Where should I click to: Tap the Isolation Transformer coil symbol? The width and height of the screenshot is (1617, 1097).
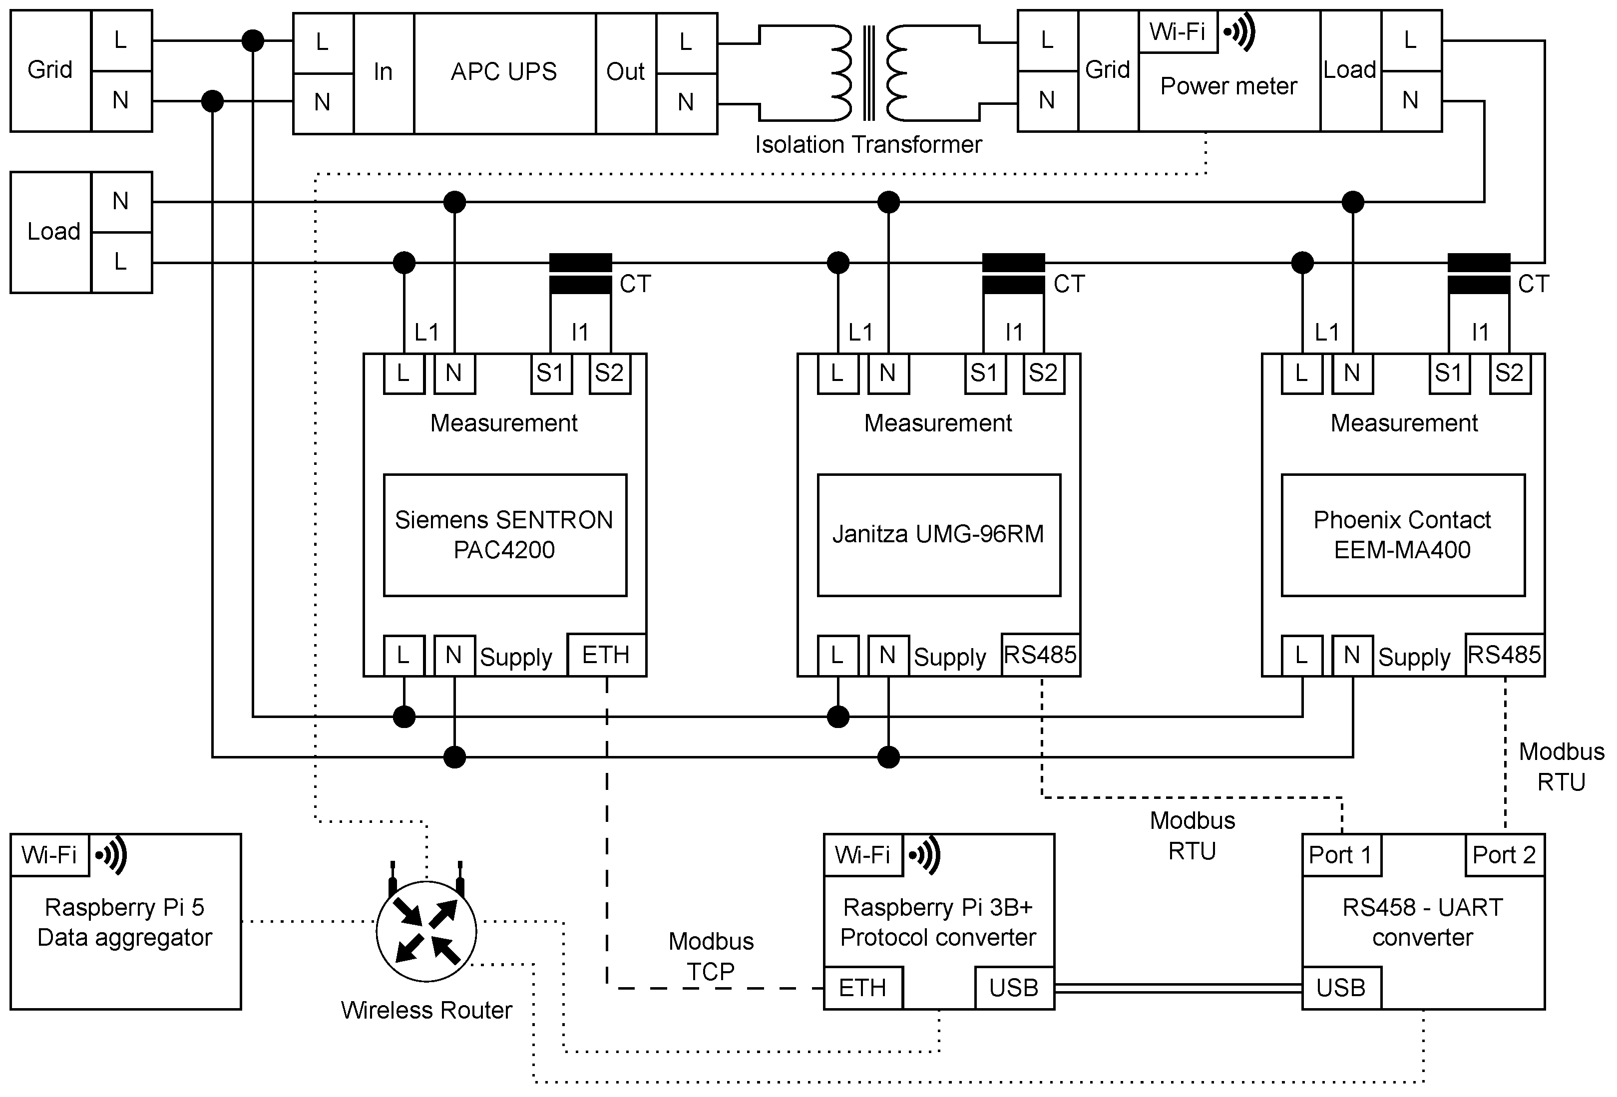868,73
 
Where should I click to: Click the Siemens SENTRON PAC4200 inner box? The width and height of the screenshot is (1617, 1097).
504,535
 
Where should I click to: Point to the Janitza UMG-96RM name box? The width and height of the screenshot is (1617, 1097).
938,535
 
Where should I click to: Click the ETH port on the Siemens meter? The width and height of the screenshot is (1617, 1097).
606,655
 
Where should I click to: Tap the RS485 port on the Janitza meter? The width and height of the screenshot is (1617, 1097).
1040,655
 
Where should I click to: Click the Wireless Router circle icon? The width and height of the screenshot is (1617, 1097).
426,931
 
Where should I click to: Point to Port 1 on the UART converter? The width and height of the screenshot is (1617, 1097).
1341,855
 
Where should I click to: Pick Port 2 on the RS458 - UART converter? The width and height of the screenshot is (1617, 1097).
1504,855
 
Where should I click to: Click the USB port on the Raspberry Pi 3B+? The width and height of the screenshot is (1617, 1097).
1014,988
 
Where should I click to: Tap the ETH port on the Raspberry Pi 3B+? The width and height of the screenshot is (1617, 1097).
863,988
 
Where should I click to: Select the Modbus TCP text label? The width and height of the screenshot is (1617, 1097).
711,956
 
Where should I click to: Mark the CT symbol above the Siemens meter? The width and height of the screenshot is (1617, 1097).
580,273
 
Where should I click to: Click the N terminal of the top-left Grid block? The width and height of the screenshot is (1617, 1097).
121,101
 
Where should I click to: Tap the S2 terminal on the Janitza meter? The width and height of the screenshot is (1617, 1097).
1043,373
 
